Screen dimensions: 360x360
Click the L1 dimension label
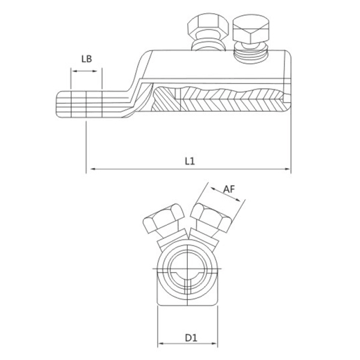[x=189, y=161]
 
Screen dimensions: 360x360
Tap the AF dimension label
[x=229, y=189]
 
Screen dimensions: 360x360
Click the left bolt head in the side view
[x=207, y=28]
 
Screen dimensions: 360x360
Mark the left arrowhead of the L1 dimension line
[x=91, y=170]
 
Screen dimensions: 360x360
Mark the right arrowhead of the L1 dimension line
[x=287, y=170]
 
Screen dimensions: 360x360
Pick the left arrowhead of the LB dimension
[x=73, y=71]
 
